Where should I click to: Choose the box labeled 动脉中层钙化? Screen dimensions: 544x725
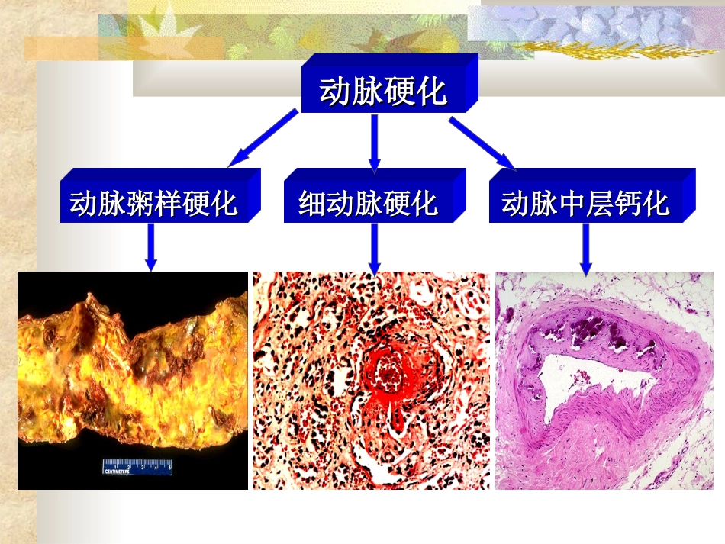point(585,204)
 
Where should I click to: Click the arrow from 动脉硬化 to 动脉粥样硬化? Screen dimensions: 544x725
point(263,137)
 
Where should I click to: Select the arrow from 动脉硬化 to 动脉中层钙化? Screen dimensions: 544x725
point(482,141)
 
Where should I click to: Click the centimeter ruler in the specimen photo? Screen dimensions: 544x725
point(137,466)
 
